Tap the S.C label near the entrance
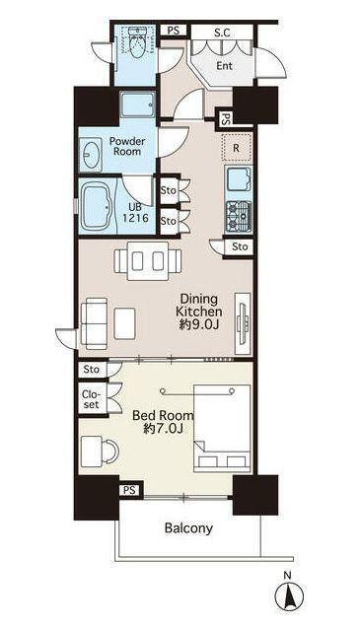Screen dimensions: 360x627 (x=222, y=34)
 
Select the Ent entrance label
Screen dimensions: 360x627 (x=225, y=66)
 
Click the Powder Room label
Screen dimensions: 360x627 (x=127, y=146)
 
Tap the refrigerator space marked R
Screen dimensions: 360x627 (x=237, y=148)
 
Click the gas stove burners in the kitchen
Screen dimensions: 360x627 (x=239, y=216)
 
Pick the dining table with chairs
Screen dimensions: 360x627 (x=148, y=260)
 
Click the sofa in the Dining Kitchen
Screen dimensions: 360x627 (x=94, y=323)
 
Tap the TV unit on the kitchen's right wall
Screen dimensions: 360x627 (x=243, y=324)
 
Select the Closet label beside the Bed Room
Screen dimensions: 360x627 (x=91, y=399)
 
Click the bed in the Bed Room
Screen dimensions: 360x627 (x=222, y=428)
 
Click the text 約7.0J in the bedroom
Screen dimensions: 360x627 (x=163, y=429)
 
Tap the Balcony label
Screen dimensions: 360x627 (x=188, y=528)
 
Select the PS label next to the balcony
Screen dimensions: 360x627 (x=129, y=490)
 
